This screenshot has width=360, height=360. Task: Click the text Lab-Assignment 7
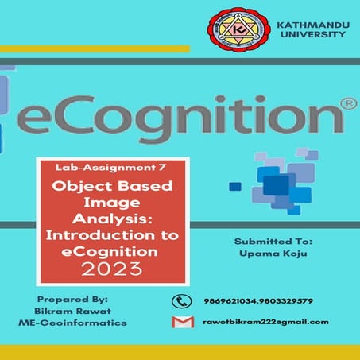(95, 168)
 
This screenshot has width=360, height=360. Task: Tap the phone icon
(181, 301)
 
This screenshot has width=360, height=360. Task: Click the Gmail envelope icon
(181, 322)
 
